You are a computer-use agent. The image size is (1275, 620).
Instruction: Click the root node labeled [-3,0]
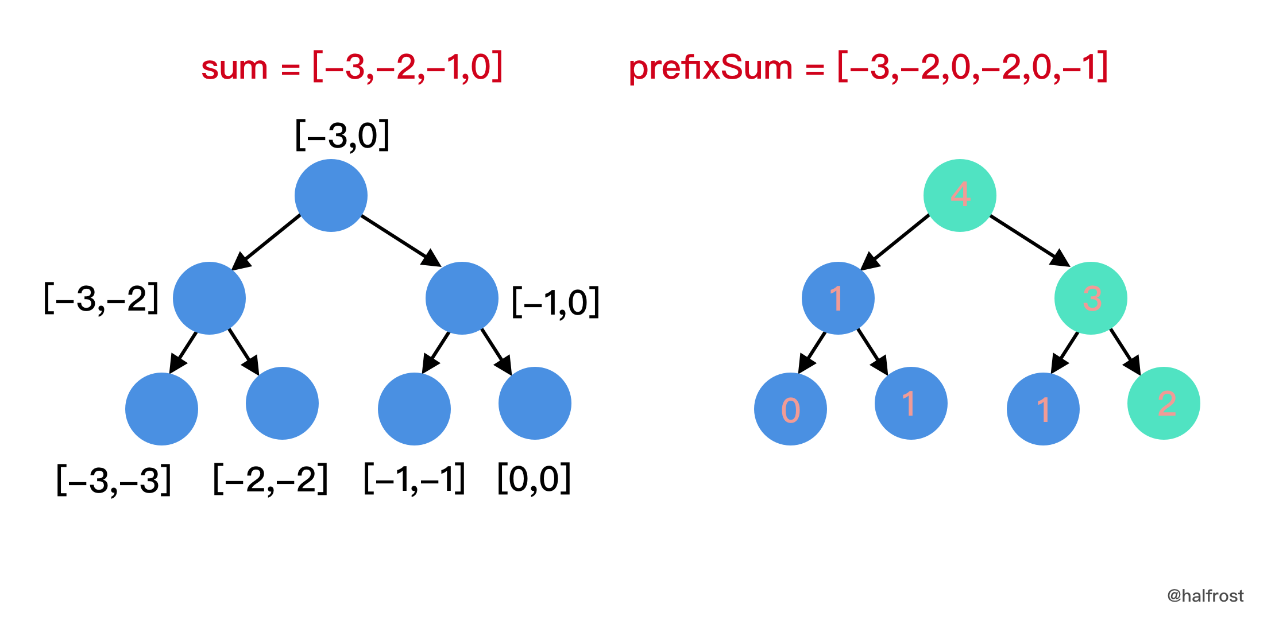click(x=331, y=195)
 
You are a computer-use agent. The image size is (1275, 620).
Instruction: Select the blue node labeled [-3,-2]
click(x=209, y=298)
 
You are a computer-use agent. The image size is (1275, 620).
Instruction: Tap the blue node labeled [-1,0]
click(x=462, y=298)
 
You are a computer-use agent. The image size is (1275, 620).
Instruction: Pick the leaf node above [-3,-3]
click(x=161, y=409)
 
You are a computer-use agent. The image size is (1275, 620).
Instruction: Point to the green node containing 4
click(x=960, y=195)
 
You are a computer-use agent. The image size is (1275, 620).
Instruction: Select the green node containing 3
click(x=1091, y=298)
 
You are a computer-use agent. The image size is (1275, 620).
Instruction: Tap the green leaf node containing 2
click(x=1164, y=403)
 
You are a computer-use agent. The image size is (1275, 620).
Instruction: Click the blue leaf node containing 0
click(x=790, y=409)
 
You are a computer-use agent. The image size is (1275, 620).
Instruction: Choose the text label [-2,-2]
click(x=271, y=479)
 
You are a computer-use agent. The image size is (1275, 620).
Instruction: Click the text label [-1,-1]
click(x=415, y=479)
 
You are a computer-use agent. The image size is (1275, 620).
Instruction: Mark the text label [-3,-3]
click(x=114, y=480)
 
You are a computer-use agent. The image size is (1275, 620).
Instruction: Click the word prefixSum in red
click(x=710, y=68)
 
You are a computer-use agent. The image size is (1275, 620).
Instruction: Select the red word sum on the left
click(x=234, y=68)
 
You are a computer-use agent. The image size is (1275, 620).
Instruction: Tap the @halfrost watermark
click(x=1205, y=596)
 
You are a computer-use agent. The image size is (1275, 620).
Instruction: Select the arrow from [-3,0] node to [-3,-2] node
click(x=267, y=241)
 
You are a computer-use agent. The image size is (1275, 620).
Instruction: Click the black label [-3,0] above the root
click(x=342, y=135)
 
